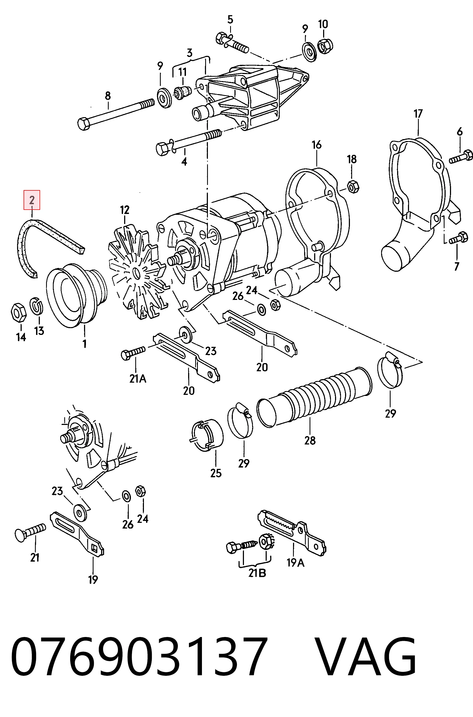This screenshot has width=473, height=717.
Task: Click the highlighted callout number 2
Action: (x=32, y=200)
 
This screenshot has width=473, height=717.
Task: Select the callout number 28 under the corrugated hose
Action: (x=310, y=441)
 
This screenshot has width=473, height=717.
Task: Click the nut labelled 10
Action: (x=325, y=45)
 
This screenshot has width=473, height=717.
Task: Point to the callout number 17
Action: (x=418, y=114)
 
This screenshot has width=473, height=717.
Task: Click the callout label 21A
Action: (x=138, y=378)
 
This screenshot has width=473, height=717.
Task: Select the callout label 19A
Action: (x=295, y=562)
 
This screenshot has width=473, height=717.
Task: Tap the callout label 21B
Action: (x=257, y=572)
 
